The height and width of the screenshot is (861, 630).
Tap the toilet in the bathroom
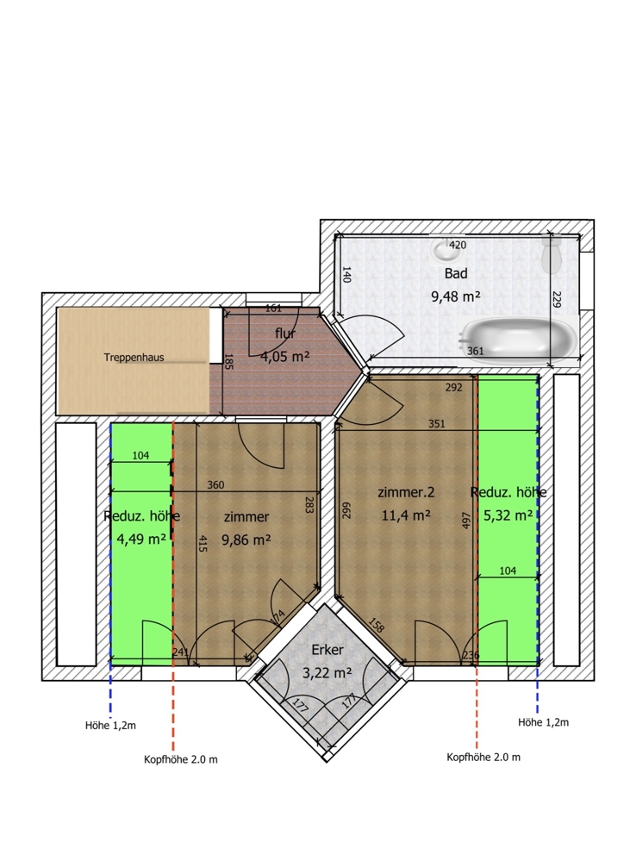coord(551,253)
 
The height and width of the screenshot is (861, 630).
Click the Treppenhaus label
coord(134,358)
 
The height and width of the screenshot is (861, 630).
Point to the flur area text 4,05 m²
coord(285,356)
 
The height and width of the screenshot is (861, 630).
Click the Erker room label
coord(327,650)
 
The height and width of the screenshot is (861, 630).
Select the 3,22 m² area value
coord(327,672)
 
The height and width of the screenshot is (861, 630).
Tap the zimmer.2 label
coord(406,492)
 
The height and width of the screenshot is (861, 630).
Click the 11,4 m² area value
coord(406,515)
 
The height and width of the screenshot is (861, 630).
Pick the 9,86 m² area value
coord(246,540)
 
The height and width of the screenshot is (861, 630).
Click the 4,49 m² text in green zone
coord(141,539)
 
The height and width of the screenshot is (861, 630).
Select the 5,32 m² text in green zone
coord(508,515)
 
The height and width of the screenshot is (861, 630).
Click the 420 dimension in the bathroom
coord(458,245)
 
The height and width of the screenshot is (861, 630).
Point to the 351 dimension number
coord(437,423)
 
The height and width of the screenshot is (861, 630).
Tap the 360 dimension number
coord(215,485)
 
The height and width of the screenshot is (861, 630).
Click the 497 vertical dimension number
coord(466,520)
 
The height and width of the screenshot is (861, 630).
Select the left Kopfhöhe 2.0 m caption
coord(181,759)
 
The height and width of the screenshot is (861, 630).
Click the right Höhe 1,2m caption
coord(543,722)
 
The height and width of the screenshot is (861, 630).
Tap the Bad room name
coord(456,273)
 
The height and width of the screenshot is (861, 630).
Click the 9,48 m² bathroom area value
coord(456,296)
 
